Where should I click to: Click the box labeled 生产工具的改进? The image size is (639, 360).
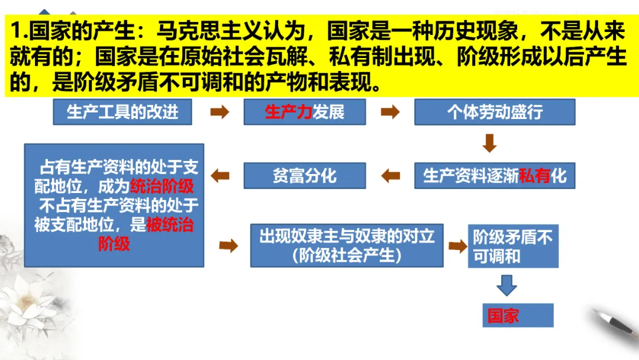[122, 112]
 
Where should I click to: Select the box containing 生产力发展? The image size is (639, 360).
[304, 112]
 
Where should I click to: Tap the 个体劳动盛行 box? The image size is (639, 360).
[494, 112]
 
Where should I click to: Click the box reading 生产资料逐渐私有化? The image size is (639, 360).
[494, 176]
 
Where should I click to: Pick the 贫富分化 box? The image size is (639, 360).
[304, 176]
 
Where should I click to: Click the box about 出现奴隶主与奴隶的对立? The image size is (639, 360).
[346, 245]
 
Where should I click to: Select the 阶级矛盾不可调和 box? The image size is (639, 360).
[512, 246]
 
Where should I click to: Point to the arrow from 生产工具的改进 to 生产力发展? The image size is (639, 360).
[219, 112]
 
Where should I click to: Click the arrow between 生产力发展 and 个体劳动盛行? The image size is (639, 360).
[389, 112]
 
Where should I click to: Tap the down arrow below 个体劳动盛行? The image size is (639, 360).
[489, 143]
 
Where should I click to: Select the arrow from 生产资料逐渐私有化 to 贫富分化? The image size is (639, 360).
[390, 176]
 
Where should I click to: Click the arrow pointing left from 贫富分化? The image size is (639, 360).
[220, 175]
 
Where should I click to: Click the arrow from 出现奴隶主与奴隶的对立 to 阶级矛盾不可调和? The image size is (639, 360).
[457, 246]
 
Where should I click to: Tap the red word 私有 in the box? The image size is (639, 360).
[534, 176]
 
